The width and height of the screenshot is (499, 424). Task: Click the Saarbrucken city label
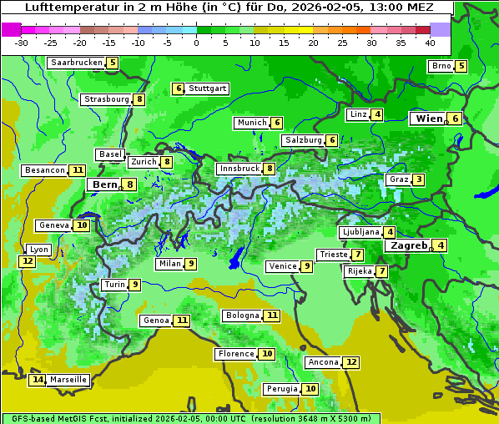coord(77,63)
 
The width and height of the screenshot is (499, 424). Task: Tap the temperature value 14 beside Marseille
coord(37,380)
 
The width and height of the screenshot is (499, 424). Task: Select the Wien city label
coord(428,119)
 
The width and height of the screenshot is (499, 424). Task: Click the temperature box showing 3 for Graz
coord(418,179)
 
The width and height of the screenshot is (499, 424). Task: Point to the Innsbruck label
coord(239,169)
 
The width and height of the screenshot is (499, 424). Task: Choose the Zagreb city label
coord(409,245)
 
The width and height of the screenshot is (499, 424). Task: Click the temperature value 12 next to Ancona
coord(351,362)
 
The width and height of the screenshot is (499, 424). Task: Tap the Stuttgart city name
coord(207,88)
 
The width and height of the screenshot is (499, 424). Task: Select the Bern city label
coord(104,184)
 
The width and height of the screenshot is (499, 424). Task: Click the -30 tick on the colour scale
coord(22,43)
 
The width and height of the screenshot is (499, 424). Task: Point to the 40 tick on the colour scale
coord(430,43)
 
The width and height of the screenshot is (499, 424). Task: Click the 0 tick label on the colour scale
coord(197,43)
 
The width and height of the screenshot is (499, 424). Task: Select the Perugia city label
coord(282,389)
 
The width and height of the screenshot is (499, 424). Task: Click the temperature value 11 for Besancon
coord(78,170)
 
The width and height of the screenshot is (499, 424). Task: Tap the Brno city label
coord(440,66)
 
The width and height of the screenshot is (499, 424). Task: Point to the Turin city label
coord(114,285)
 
